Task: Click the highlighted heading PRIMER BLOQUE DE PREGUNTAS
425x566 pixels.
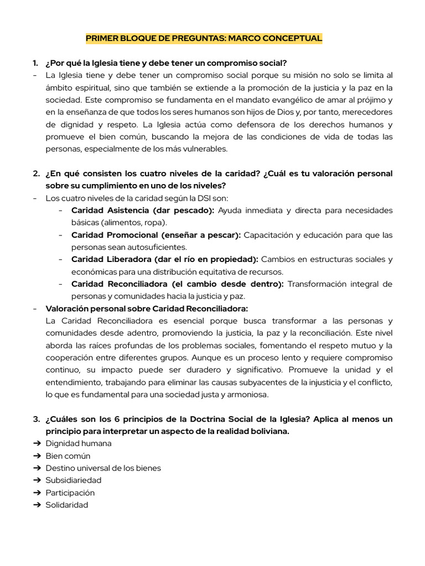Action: (x=203, y=38)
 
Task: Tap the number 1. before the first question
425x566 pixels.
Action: (x=35, y=63)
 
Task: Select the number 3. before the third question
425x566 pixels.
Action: (x=35, y=419)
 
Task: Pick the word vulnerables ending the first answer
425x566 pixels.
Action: (x=205, y=148)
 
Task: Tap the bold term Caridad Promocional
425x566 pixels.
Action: (x=113, y=235)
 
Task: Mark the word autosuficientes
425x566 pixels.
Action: (x=158, y=247)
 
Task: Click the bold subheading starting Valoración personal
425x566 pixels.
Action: (x=147, y=308)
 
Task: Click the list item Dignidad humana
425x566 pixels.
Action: (x=78, y=443)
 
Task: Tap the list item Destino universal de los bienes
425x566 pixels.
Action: (x=103, y=468)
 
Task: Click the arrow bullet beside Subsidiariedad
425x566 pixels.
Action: (x=37, y=480)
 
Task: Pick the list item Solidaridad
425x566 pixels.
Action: (x=66, y=505)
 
